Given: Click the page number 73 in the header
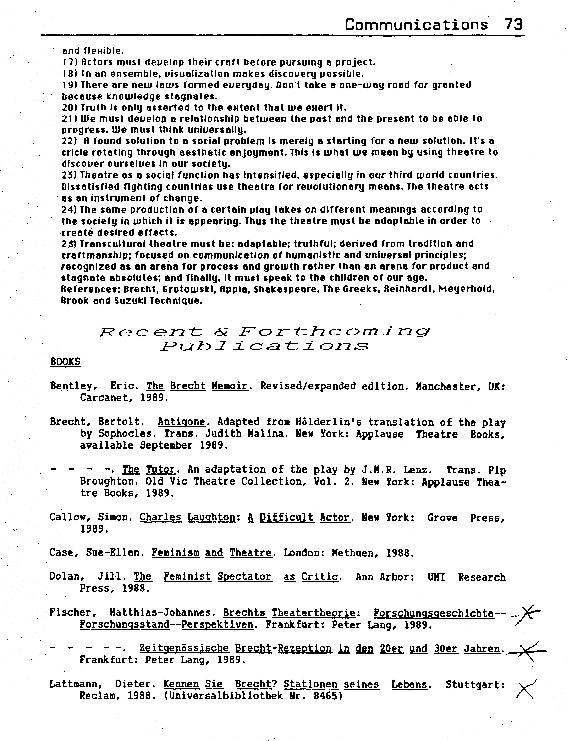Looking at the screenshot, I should point(513,25).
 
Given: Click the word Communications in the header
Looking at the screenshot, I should point(416,25).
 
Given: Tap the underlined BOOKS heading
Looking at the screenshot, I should point(65,362).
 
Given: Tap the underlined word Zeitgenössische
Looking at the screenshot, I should point(184,648).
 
